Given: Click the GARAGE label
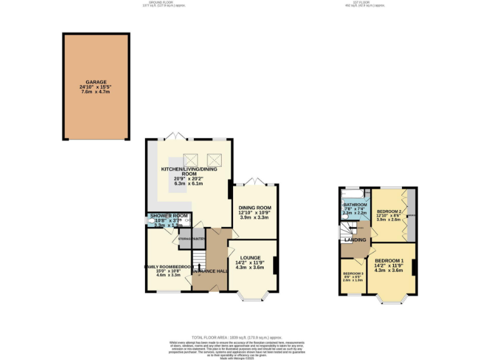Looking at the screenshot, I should click(96, 82).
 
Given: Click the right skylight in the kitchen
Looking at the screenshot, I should click(214, 159).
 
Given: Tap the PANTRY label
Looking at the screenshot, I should click(199, 239).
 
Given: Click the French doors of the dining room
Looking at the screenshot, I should click(254, 182).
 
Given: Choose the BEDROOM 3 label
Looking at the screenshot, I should click(353, 274).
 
